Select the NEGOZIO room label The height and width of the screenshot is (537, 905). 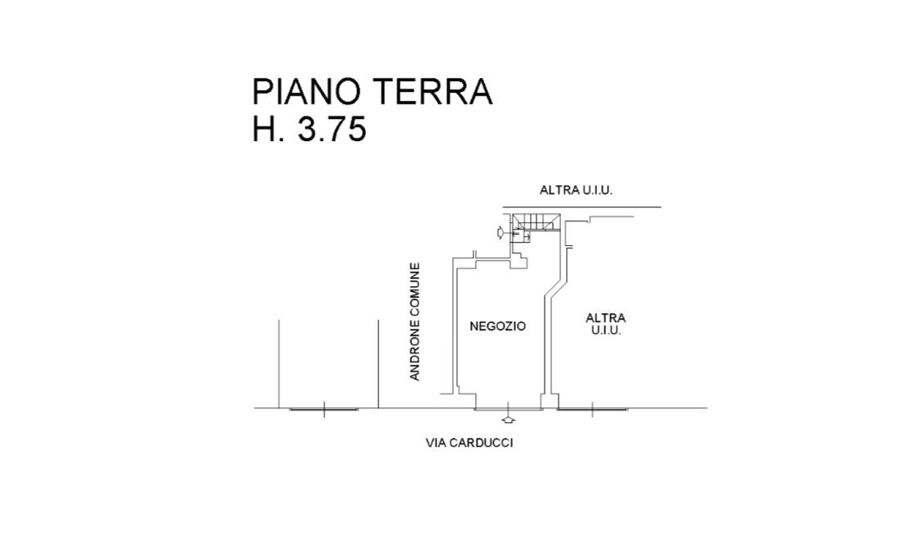(497, 326)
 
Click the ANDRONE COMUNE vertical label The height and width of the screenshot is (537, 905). (415, 321)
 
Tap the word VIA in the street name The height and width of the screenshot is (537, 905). (436, 444)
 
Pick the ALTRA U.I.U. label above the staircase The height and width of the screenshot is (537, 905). (576, 190)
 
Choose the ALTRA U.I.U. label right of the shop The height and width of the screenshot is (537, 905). (605, 324)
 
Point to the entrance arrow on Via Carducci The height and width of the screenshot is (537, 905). (509, 420)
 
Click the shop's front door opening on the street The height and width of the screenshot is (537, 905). (509, 408)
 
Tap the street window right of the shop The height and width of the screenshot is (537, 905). (593, 408)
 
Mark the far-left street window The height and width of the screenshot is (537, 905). (324, 408)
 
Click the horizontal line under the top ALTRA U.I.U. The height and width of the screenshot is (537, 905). (581, 207)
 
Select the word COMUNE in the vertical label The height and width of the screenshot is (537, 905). (415, 291)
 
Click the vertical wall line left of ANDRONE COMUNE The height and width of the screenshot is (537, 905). (378, 362)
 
